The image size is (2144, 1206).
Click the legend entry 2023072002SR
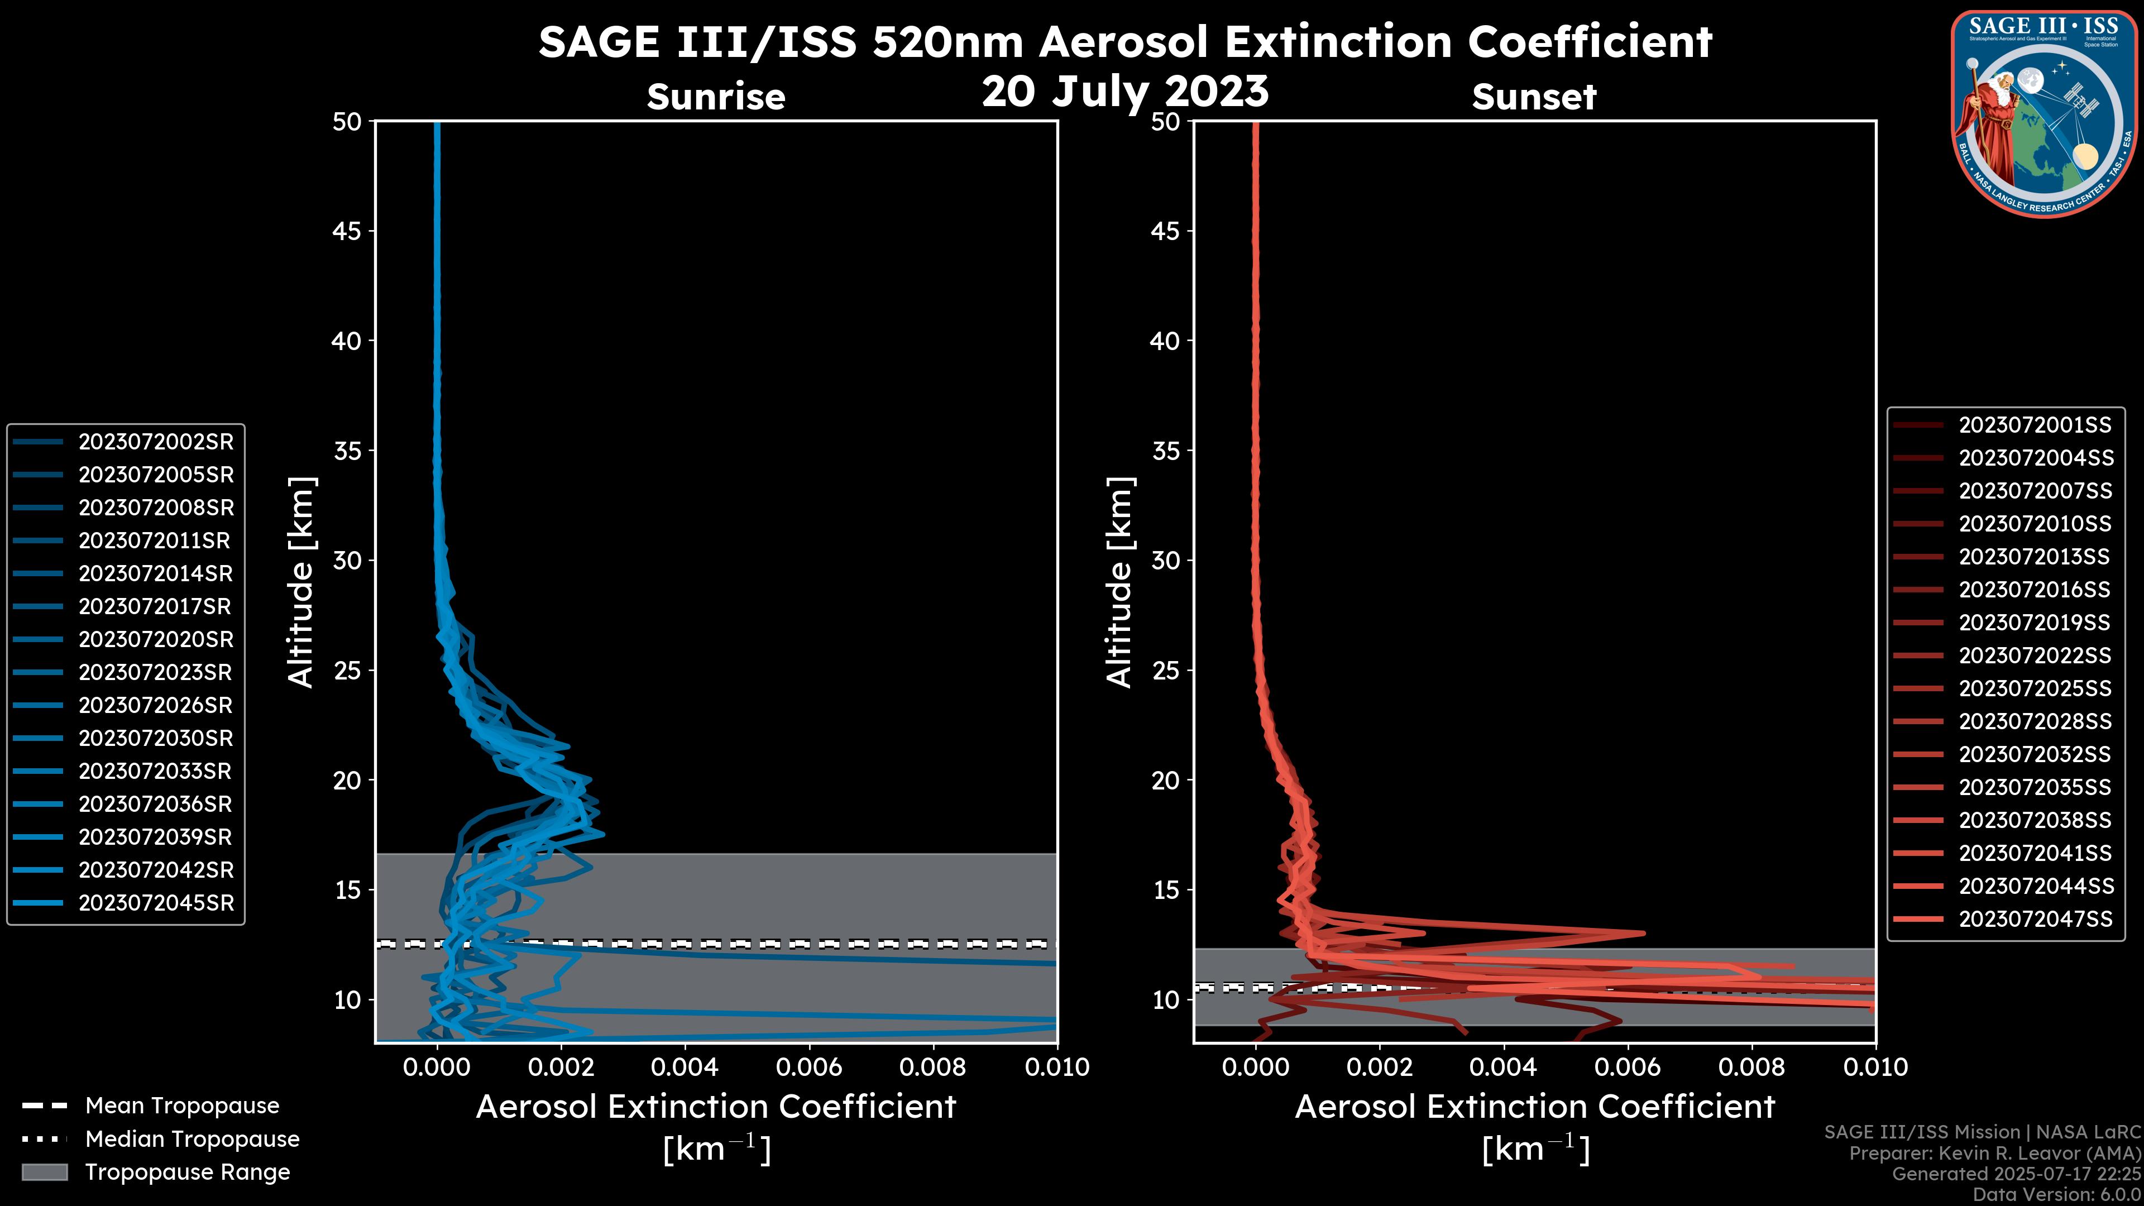156,442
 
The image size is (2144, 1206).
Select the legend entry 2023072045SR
156,903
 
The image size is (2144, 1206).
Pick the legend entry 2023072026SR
156,706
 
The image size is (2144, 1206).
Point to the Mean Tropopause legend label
182,1105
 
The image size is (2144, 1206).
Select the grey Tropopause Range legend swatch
44,1172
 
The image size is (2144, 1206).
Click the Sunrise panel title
716,97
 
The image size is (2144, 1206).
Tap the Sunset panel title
1534,97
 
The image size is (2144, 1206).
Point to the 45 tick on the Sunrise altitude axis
346,231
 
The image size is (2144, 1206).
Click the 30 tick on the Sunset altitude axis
1165,560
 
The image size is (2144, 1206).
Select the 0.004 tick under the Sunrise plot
684,1067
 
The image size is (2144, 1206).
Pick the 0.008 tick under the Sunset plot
1752,1067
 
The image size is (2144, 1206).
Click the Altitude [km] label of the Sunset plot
1119,582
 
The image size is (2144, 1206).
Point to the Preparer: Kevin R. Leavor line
1994,1153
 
